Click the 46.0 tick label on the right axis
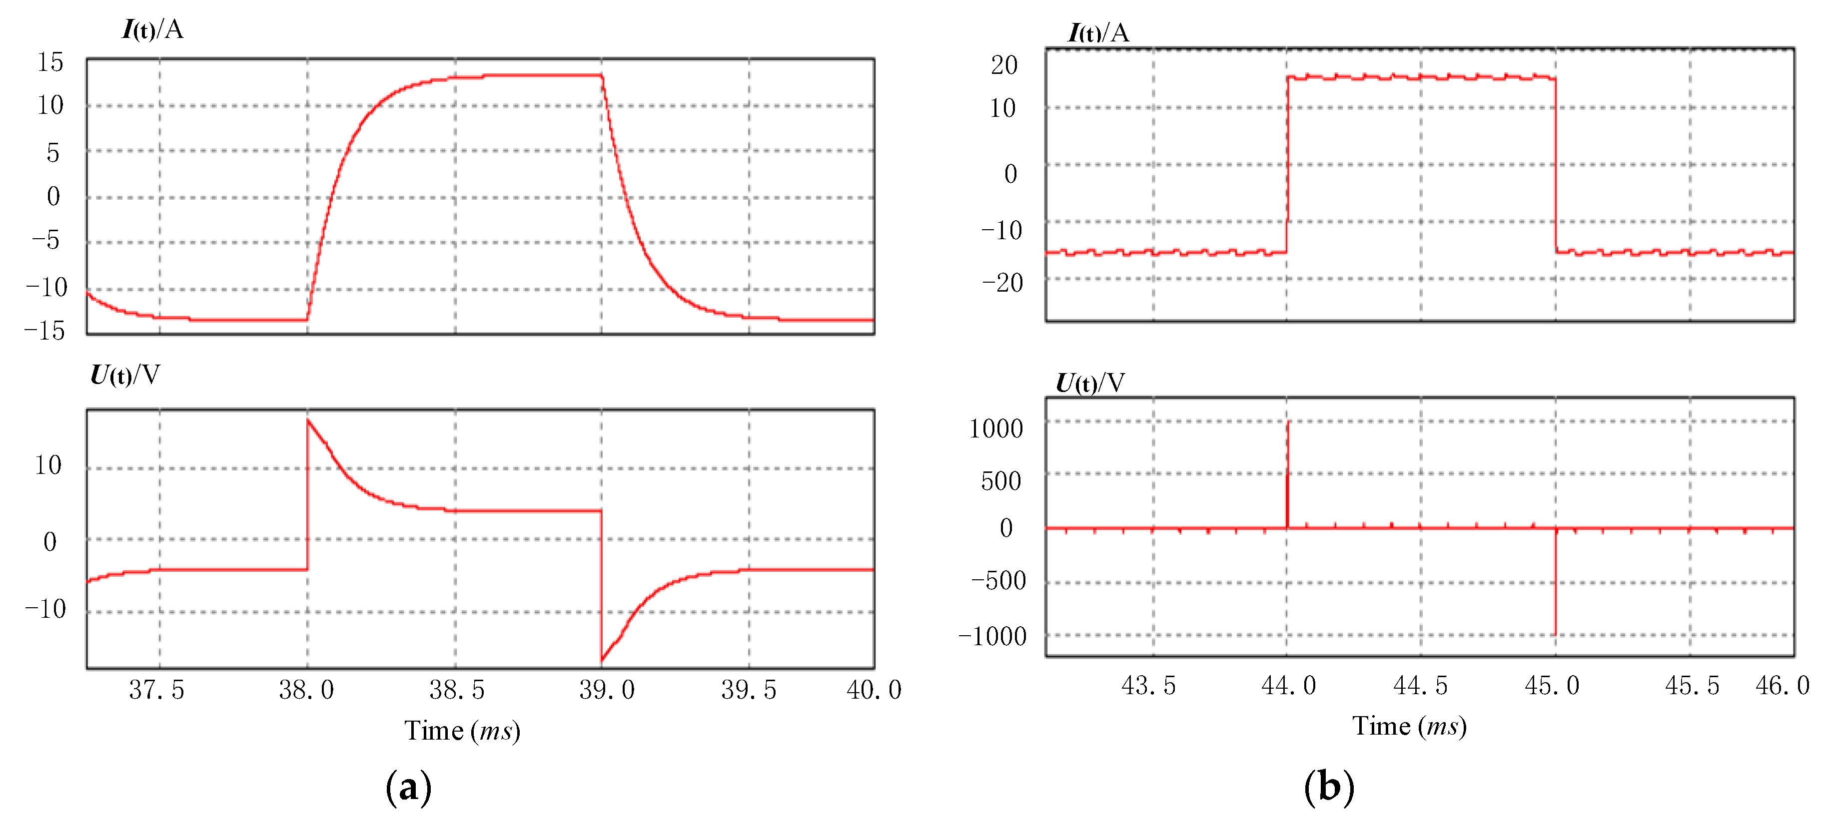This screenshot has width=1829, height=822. pyautogui.click(x=1782, y=686)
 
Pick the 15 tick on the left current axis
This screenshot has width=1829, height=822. pyautogui.click(x=50, y=62)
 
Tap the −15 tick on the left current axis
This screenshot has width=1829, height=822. pyautogui.click(x=45, y=331)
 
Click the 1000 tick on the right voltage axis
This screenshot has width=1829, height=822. pyautogui.click(x=995, y=429)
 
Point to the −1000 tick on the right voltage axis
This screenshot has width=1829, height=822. pyautogui.click(x=992, y=637)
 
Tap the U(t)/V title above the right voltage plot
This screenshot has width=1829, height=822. pyautogui.click(x=1090, y=384)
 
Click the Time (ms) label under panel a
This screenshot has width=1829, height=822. pyautogui.click(x=462, y=731)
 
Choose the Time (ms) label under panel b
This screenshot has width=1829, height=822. pyautogui.click(x=1409, y=726)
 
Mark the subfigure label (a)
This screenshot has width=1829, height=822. pyautogui.click(x=408, y=787)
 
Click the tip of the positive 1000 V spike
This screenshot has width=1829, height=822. pyautogui.click(x=1288, y=422)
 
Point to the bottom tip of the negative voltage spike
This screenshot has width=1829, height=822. pyautogui.click(x=1556, y=634)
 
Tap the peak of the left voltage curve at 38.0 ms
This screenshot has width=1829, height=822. pyautogui.click(x=308, y=420)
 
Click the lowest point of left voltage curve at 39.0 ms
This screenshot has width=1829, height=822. pyautogui.click(x=602, y=660)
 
